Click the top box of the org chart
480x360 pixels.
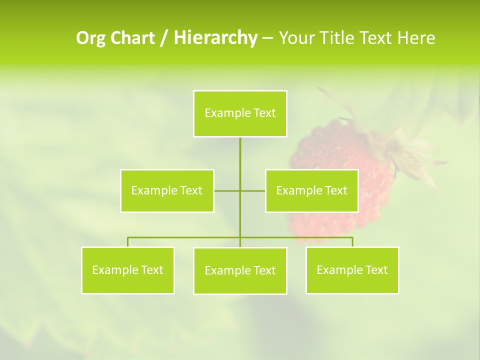pos(240,113)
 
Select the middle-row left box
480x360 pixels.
pos(167,190)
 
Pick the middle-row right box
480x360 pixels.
pos(311,190)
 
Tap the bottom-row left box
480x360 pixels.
pos(128,270)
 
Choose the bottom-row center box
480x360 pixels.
pos(240,270)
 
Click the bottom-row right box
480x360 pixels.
pos(352,270)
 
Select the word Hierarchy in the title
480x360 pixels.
pos(215,38)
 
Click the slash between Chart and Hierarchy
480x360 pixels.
pos(164,38)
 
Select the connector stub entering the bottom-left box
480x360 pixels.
pos(128,242)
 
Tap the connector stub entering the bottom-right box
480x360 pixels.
pos(352,242)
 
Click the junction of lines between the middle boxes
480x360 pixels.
pos(240,190)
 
